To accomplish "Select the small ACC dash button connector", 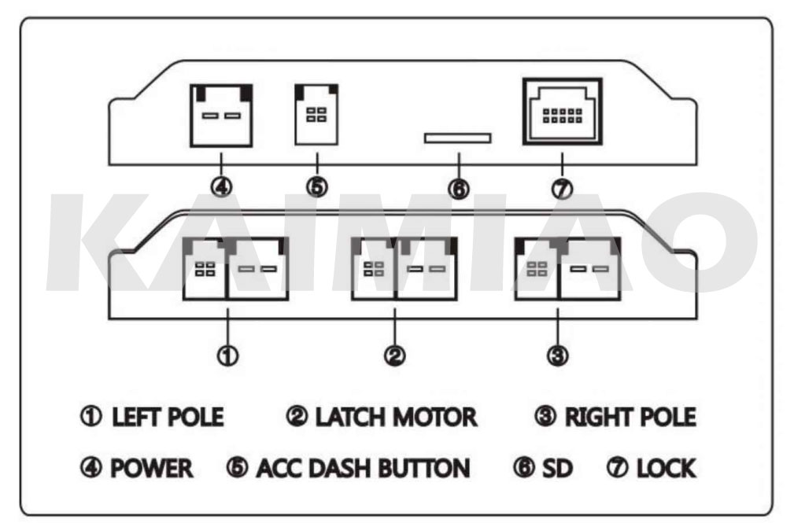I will [316, 114].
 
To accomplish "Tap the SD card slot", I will [457, 138].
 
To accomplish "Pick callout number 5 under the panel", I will [317, 188].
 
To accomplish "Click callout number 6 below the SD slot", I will [457, 189].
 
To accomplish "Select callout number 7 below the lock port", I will [562, 189].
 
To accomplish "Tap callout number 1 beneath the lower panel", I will [228, 355].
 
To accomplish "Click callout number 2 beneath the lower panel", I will [394, 355].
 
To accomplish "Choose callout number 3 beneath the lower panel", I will [557, 355].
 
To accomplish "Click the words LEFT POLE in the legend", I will [168, 417].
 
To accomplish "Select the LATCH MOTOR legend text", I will [396, 417].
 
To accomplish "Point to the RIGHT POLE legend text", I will [630, 417].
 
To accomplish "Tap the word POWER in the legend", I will [151, 469].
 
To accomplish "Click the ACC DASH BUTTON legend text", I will [363, 469].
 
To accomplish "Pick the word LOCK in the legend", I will [666, 469].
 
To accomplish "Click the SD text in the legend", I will [557, 469].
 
